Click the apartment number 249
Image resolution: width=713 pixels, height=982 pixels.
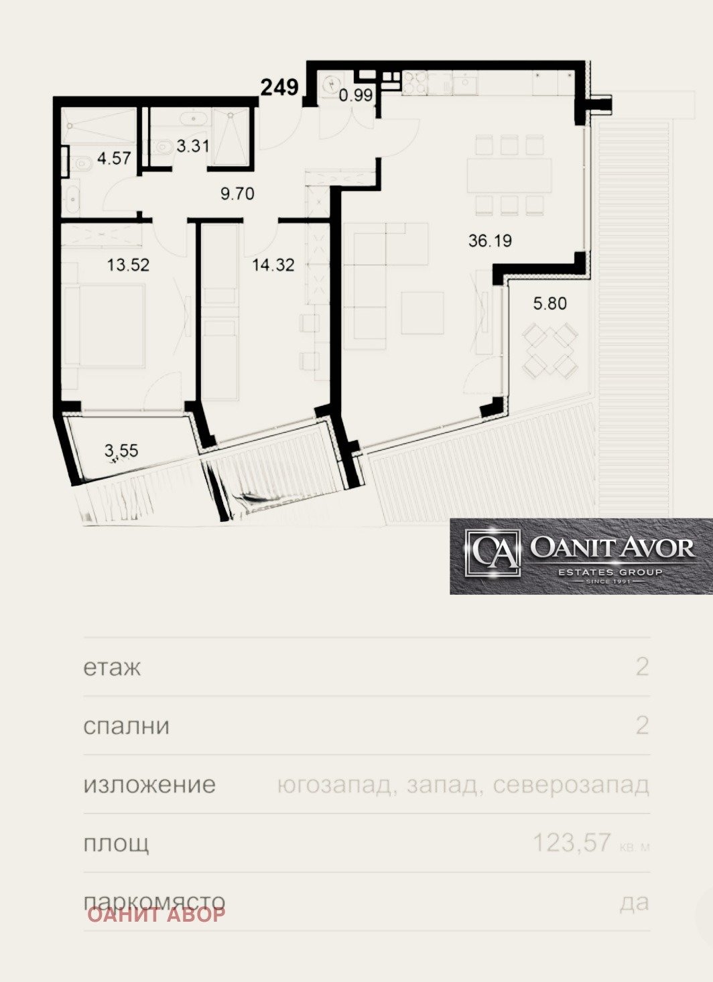(x=279, y=87)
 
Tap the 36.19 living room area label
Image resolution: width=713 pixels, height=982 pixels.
(x=490, y=240)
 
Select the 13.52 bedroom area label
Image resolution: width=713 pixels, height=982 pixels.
(x=128, y=265)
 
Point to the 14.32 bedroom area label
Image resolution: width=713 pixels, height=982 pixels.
(x=273, y=265)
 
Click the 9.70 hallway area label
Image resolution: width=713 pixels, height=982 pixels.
(x=237, y=194)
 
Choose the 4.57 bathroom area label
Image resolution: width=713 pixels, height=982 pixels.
(x=114, y=159)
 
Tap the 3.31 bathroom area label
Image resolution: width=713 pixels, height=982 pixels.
(x=193, y=145)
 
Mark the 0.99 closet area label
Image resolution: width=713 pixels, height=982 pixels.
(x=355, y=95)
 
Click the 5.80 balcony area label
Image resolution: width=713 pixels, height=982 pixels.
(x=549, y=303)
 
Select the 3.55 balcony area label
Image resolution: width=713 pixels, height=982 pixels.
(x=121, y=451)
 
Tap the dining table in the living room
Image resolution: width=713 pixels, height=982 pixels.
(x=509, y=174)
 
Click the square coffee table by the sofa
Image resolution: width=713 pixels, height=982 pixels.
(x=422, y=312)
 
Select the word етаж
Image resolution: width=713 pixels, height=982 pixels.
(x=112, y=668)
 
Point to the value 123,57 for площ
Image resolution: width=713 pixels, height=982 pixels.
(x=572, y=843)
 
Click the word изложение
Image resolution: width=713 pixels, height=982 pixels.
(x=149, y=784)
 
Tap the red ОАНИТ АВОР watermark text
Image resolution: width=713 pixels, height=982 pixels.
(x=156, y=914)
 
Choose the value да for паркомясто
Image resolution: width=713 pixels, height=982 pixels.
(x=634, y=902)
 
